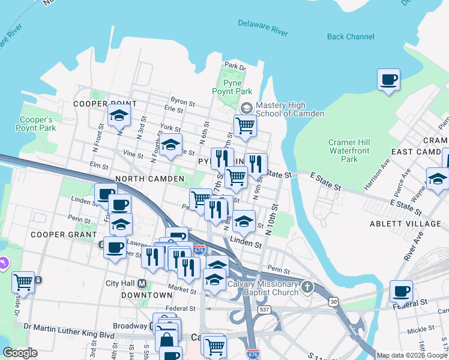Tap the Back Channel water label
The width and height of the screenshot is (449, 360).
coord(351,37)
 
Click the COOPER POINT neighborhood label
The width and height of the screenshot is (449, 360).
coord(101,104)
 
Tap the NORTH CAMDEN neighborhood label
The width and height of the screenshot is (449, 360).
coord(149,179)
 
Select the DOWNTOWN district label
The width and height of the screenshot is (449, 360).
coord(147,295)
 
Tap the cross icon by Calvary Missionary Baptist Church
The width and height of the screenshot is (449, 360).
coord(307,287)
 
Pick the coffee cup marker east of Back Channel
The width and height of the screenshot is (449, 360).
coord(388,80)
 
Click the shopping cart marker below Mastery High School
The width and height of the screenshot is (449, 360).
coord(245,126)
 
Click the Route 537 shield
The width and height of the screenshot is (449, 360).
coord(264,310)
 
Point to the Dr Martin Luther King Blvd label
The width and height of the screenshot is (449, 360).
coord(69,327)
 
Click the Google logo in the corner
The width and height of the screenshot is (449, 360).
coord(20,353)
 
